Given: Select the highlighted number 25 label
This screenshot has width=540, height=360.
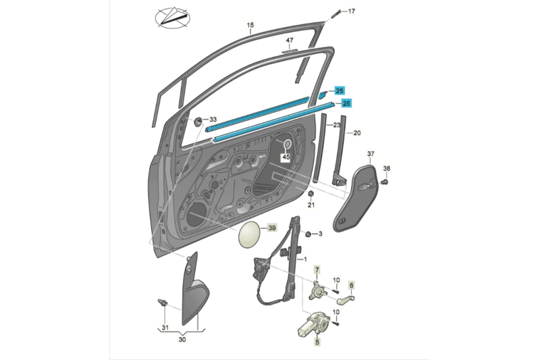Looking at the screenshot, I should [x=339, y=91].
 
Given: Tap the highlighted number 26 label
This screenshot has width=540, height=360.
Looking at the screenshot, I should [x=346, y=103].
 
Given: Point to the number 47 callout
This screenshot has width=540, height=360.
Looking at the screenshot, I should [x=290, y=41].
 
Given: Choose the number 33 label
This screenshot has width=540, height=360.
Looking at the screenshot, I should [x=213, y=119].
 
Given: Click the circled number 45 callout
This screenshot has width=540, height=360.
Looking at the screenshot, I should [x=286, y=157].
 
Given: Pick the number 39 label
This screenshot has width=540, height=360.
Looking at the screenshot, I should [x=273, y=228].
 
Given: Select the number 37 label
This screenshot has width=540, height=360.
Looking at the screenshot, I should [x=371, y=155].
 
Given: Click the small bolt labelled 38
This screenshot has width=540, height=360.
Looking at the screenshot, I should [x=386, y=180].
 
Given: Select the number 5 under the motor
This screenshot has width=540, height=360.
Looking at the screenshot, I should [x=316, y=342].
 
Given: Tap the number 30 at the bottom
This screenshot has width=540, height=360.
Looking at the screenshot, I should [x=182, y=341].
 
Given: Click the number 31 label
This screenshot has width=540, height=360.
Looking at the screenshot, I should [x=165, y=328].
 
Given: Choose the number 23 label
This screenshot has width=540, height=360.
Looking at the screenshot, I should [x=335, y=126].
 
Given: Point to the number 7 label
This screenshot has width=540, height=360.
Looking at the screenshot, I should [x=315, y=270].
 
